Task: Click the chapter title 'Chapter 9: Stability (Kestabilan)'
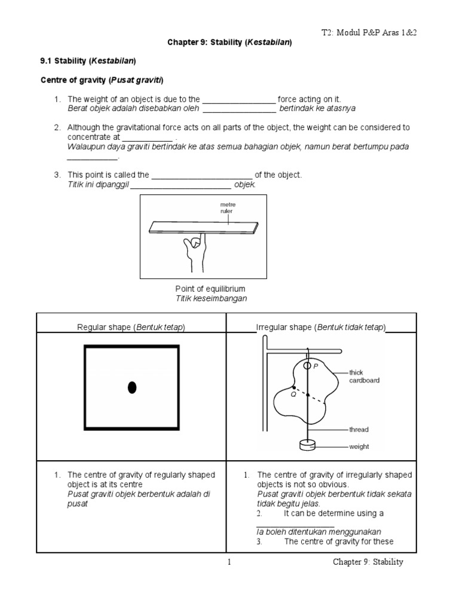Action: coord(229,43)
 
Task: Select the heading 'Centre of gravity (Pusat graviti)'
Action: coord(102,80)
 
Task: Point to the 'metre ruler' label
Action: coord(228,209)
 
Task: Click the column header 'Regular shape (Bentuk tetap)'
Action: coord(131,328)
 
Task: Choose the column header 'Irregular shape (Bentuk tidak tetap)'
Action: coord(321,328)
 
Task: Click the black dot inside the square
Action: coord(132,388)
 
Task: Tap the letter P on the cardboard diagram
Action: coord(316,366)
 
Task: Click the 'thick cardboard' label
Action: coord(365,376)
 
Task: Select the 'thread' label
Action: coord(360,429)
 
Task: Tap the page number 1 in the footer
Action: coord(229,562)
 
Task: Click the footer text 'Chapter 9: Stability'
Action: coord(368,562)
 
